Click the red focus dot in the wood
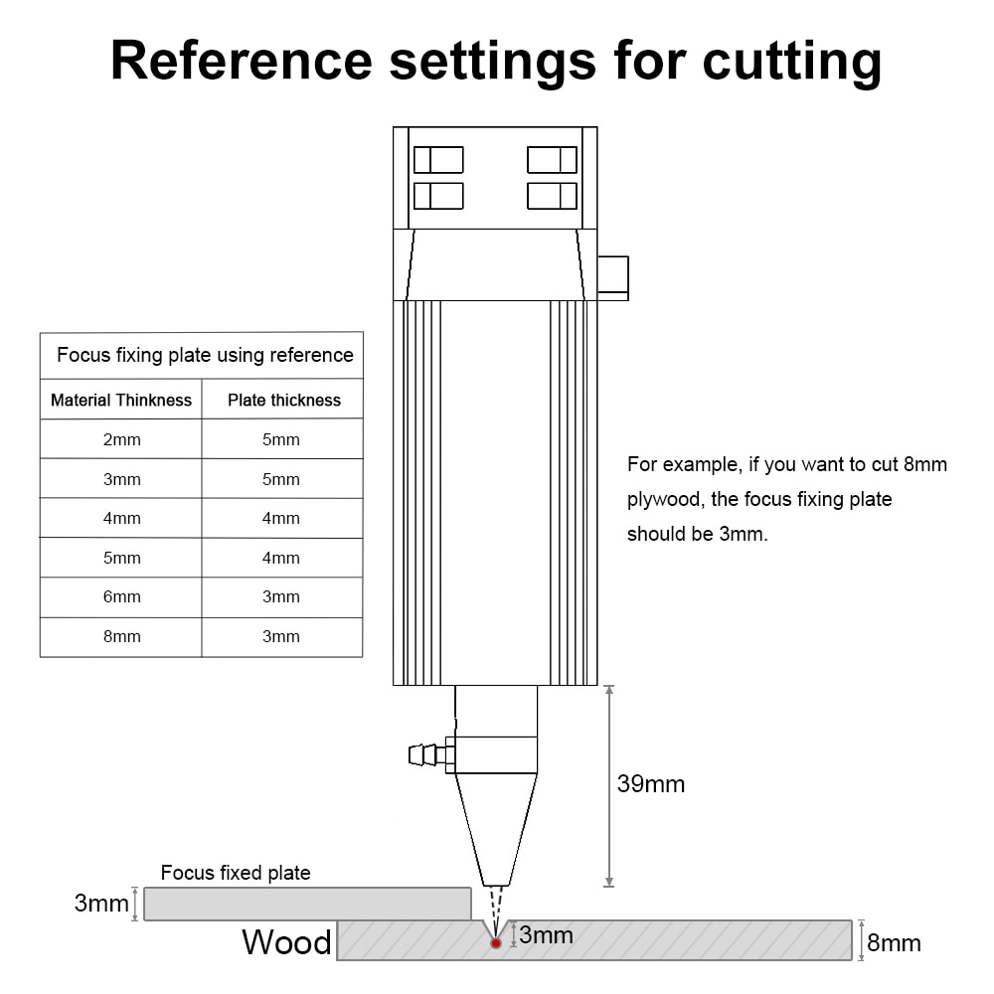click(496, 943)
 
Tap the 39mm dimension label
click(651, 784)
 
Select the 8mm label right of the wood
click(894, 943)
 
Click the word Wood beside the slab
click(286, 942)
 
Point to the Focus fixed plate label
click(236, 873)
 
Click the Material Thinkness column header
click(121, 400)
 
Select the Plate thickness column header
click(284, 400)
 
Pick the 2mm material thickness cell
click(121, 439)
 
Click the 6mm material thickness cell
click(121, 596)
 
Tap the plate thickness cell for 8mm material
click(281, 636)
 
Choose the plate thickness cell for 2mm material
click(281, 439)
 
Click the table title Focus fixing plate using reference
click(205, 355)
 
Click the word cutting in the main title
click(792, 62)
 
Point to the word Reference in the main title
click(242, 61)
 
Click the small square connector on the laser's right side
click(613, 278)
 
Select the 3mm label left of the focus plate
click(101, 903)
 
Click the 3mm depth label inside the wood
click(546, 935)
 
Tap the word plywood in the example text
click(665, 500)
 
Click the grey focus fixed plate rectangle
click(307, 904)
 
